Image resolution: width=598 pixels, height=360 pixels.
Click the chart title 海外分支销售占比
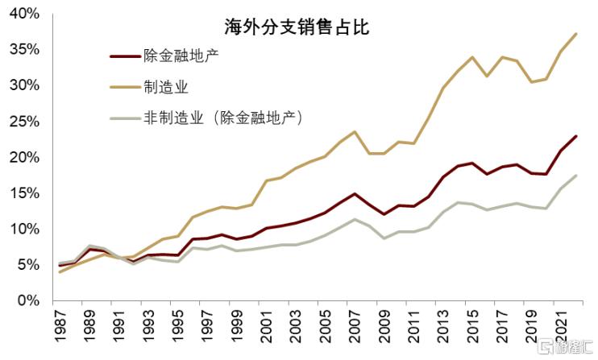point(296,27)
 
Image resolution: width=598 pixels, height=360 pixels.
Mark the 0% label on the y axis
point(28,300)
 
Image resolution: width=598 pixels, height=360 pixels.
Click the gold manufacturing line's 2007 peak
point(355,132)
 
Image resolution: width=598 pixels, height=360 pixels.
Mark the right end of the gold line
point(575,34)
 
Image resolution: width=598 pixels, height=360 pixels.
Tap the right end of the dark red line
point(575,136)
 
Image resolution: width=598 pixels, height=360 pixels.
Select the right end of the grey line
point(575,176)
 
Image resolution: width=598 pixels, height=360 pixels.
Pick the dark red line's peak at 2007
point(355,193)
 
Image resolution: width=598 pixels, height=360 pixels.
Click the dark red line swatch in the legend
point(126,56)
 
